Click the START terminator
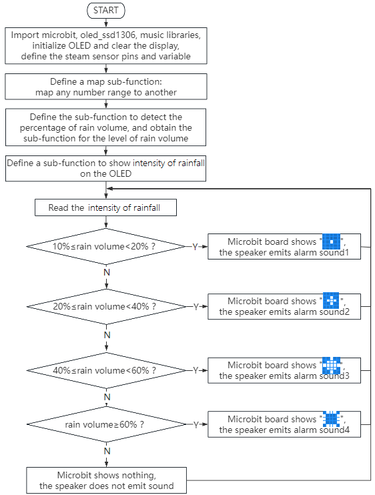coord(105,11)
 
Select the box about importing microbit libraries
coord(105,46)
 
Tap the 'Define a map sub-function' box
coord(105,87)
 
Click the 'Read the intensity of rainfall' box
coord(105,207)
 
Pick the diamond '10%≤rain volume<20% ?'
coord(106,246)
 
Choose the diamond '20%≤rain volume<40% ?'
coord(106,306)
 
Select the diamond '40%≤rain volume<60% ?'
coord(106,370)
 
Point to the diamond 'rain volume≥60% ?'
coord(106,424)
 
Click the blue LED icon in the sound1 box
coord(331,241)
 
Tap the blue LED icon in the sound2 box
coord(331,300)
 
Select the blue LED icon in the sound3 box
coord(332,366)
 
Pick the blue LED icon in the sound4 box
coord(332,419)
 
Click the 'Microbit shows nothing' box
coord(106,480)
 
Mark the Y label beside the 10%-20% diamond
coord(195,247)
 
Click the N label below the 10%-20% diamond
coord(107,272)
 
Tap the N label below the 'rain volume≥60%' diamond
coord(107,451)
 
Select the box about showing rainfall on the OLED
coord(105,168)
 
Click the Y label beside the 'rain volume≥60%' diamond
coord(196,425)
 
